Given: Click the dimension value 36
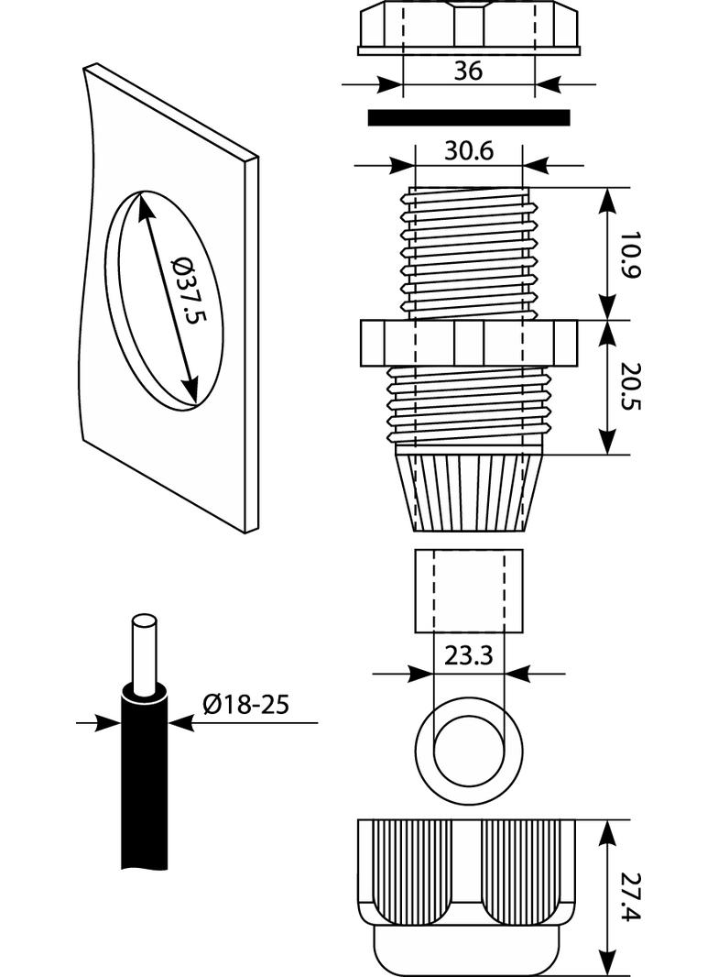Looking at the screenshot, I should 468,71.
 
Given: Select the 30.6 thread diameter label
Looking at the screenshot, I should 468,151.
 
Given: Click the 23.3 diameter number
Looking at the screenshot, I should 468,656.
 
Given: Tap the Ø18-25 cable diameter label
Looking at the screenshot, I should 245,704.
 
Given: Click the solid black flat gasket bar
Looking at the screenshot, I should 468,117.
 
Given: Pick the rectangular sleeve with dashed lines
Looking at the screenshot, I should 468,590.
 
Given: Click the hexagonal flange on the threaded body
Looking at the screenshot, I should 468,343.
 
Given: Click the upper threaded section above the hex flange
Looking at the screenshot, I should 468,252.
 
